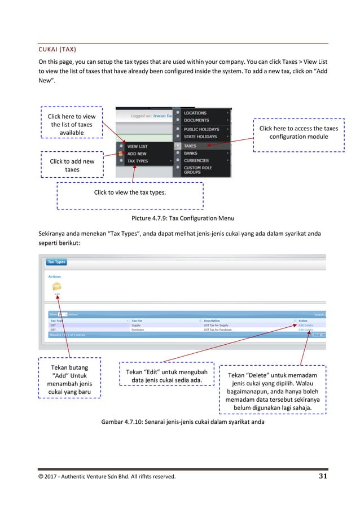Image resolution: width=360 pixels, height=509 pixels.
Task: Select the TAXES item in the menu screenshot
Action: tap(190, 146)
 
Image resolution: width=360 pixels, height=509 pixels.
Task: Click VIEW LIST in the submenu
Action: tap(137, 146)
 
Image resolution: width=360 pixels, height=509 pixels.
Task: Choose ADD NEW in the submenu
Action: tap(137, 153)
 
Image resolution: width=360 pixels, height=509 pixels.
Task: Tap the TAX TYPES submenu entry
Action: tap(139, 161)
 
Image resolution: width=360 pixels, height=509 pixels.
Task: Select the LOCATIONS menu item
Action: tap(195, 113)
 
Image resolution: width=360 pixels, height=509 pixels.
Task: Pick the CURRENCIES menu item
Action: tap(196, 161)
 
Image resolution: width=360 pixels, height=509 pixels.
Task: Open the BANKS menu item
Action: tap(190, 153)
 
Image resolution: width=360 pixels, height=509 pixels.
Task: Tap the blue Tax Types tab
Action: tap(56, 262)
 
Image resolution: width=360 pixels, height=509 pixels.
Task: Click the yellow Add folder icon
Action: tap(57, 287)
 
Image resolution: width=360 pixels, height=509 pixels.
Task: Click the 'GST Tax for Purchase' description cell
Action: tap(217, 330)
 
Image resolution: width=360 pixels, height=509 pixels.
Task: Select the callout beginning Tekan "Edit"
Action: tap(166, 376)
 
